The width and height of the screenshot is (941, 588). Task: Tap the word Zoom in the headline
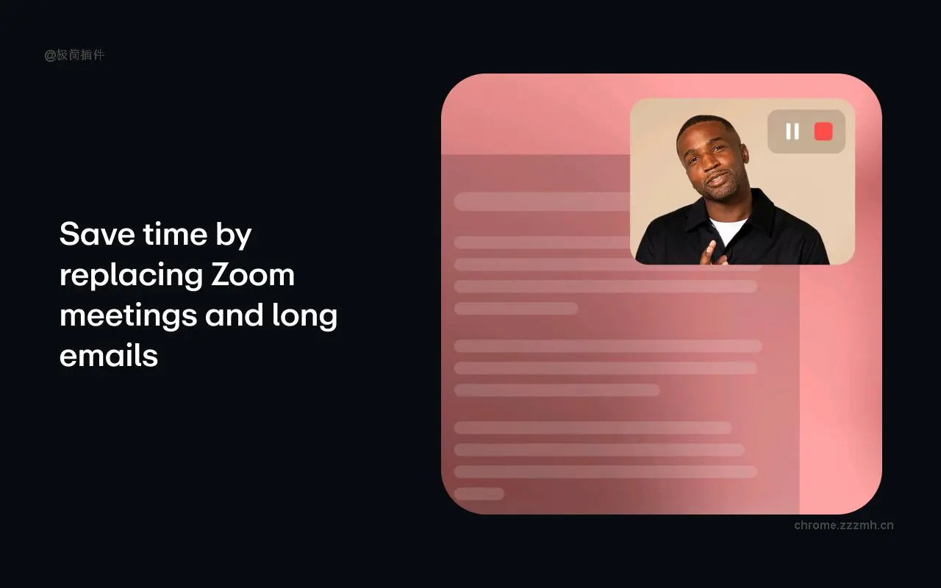point(253,275)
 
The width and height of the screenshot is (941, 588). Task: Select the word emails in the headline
point(109,356)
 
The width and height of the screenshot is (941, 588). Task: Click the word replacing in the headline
point(130,276)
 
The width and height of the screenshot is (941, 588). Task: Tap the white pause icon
point(792,132)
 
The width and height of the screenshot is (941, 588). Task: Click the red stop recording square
point(823,132)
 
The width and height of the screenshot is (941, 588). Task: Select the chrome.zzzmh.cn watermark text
point(844,525)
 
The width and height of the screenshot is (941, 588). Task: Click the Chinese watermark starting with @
point(74,55)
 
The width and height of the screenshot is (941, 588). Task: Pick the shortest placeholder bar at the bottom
point(479,494)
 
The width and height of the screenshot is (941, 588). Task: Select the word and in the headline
point(234,316)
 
